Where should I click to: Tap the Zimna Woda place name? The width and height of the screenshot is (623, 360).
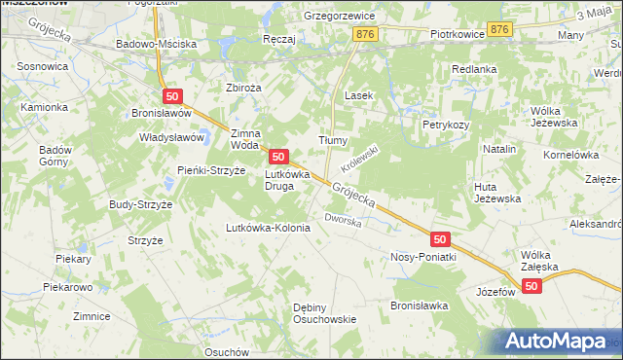tap(245, 138)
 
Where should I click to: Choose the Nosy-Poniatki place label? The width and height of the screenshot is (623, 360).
tap(423, 257)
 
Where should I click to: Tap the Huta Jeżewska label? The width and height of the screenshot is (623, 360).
tap(496, 192)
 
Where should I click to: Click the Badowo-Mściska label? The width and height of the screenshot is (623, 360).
tap(156, 45)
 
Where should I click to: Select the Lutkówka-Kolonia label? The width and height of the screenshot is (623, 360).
tap(268, 228)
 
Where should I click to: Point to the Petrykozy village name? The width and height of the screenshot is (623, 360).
tap(446, 125)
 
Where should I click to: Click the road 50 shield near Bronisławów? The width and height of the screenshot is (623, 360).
tap(172, 95)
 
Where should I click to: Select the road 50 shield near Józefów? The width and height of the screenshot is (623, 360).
tap(531, 285)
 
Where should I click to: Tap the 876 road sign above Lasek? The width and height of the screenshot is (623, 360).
tap(366, 34)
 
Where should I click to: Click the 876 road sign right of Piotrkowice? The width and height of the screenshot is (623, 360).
tap(499, 30)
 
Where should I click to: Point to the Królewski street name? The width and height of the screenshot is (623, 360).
tap(358, 153)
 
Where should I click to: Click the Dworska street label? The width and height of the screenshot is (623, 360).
tap(344, 221)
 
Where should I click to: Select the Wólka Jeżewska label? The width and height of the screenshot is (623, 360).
tap(552, 117)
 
